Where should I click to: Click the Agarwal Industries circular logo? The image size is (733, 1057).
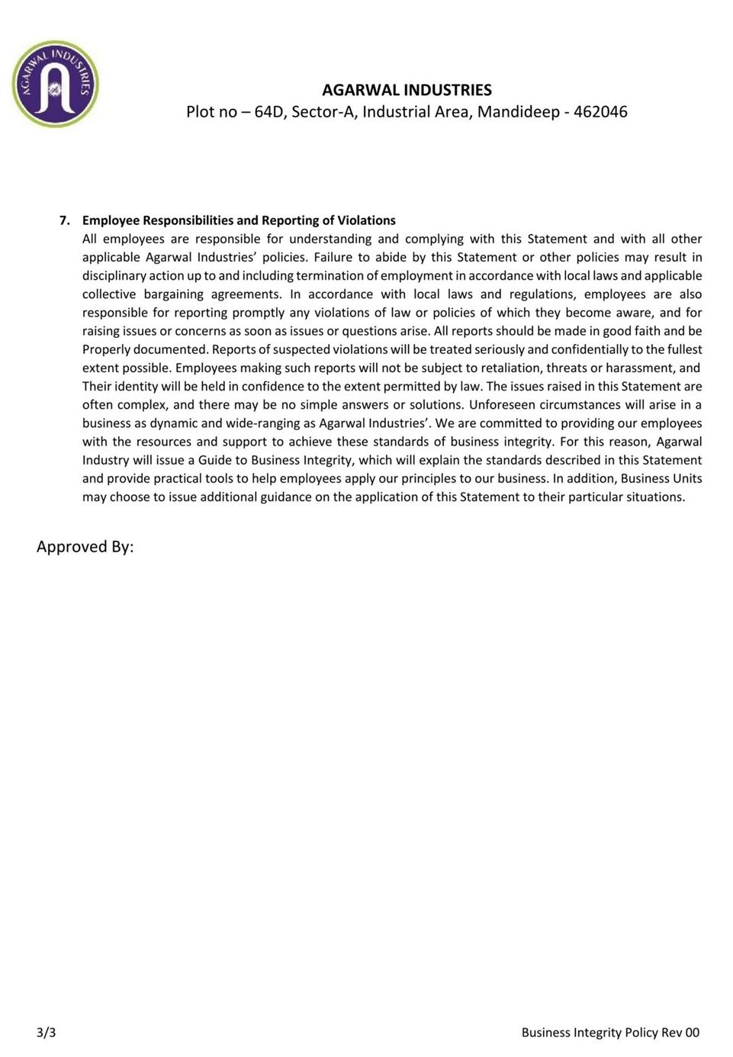click(x=55, y=84)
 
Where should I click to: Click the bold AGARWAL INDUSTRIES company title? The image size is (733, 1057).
click(x=407, y=90)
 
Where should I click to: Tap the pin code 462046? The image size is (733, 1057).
click(x=600, y=112)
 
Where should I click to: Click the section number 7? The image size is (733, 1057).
click(x=64, y=220)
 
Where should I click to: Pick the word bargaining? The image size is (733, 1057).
click(x=174, y=294)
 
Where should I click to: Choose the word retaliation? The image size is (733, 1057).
click(x=510, y=368)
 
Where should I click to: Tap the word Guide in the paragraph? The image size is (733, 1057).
click(x=215, y=460)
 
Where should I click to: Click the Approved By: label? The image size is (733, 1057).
click(x=85, y=547)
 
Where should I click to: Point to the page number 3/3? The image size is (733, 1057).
click(x=46, y=1033)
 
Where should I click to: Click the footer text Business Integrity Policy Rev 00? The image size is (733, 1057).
click(x=610, y=1033)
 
